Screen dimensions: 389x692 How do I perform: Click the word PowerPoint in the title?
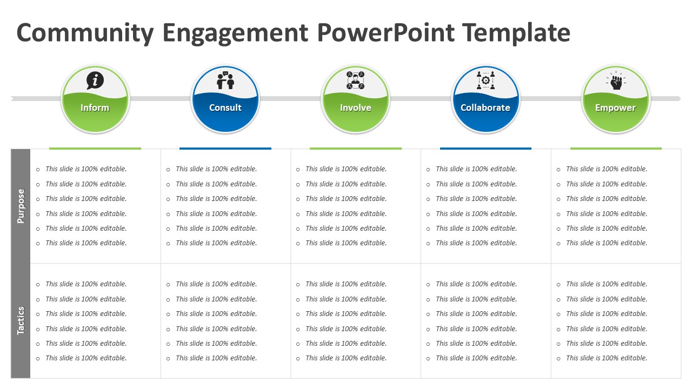point(385,33)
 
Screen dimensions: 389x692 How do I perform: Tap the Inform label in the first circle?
point(95,108)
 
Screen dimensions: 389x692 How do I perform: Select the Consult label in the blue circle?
point(225,108)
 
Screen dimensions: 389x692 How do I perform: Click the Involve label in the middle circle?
point(355,108)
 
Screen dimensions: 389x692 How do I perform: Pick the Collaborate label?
point(485,108)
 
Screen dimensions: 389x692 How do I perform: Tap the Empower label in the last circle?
point(615,108)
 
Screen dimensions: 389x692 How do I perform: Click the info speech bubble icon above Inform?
point(95,81)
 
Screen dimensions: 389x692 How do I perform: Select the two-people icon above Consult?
point(225,81)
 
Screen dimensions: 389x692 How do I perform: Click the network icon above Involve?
point(355,81)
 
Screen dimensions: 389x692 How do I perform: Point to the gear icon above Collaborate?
point(485,81)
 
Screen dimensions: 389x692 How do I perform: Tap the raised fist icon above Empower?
point(616,81)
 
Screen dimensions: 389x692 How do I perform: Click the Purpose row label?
point(21,206)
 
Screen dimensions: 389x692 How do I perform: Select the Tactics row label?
point(21,320)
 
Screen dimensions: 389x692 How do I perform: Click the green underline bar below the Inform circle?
point(95,148)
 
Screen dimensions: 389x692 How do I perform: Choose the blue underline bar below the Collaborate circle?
point(485,148)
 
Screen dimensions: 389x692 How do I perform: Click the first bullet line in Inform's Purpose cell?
point(86,169)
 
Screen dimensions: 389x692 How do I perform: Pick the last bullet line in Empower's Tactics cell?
point(607,358)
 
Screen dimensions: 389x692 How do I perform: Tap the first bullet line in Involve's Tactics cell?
point(346,284)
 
